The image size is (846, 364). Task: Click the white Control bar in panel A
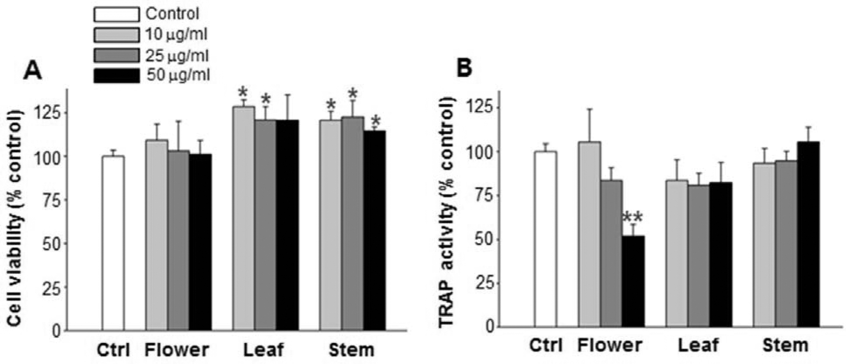pos(113,243)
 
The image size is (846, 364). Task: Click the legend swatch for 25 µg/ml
pos(116,55)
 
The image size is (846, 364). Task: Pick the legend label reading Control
pos(172,14)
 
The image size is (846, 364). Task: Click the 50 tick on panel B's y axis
pos(485,239)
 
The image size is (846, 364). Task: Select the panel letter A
pos(32,71)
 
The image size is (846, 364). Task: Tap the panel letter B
pos(464,68)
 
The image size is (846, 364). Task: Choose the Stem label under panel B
pos(785,345)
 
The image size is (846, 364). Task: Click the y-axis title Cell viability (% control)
pos(14,218)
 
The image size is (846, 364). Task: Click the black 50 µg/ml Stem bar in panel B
pos(808,234)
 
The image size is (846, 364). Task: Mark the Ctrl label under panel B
pos(546,345)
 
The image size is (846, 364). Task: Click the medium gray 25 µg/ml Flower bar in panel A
pos(178,240)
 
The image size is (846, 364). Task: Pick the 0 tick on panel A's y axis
pos(56,331)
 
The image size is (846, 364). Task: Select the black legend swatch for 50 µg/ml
pos(116,75)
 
